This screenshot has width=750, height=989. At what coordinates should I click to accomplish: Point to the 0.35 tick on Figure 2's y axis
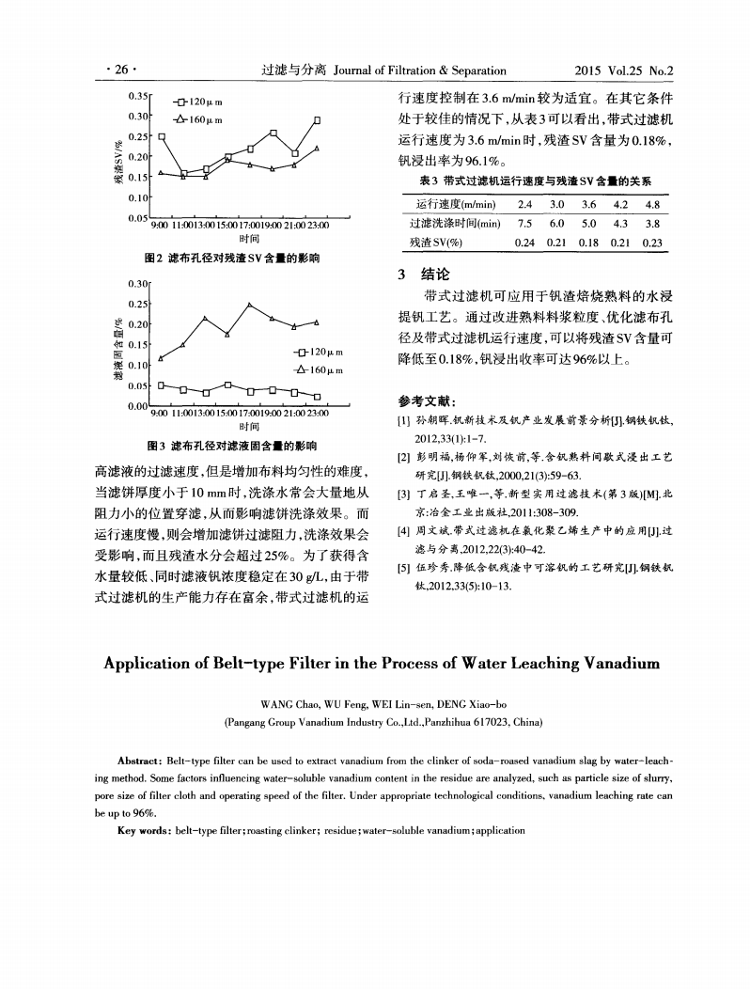[139, 96]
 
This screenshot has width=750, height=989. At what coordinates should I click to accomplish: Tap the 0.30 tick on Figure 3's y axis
[139, 282]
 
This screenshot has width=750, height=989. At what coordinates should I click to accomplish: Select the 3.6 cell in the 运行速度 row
[589, 205]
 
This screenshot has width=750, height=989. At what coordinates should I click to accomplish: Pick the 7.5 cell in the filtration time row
[525, 223]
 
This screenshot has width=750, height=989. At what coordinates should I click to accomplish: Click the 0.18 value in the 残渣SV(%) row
[589, 242]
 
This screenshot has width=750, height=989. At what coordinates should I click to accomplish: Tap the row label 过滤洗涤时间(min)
[453, 223]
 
